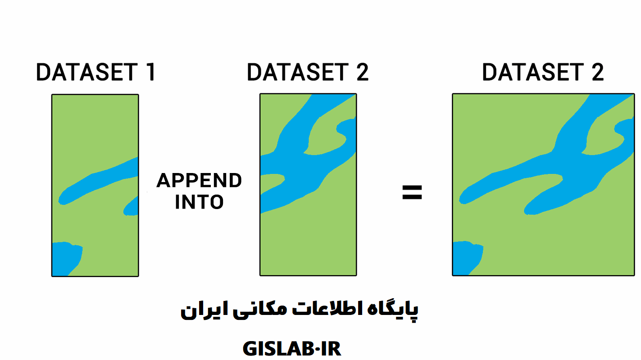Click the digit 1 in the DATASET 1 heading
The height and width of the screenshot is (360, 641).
tap(151, 72)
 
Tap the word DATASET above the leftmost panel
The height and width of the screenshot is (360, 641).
tap(87, 72)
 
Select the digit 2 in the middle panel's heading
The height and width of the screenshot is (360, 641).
tap(362, 72)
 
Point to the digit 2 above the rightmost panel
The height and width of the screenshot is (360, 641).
tap(597, 72)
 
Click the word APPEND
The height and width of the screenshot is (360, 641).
tap(199, 180)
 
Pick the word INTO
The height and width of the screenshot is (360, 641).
tap(199, 202)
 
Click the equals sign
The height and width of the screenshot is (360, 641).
tap(412, 192)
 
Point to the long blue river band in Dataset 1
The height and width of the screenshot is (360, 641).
tap(97, 181)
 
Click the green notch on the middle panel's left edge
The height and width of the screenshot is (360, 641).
tap(272, 183)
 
